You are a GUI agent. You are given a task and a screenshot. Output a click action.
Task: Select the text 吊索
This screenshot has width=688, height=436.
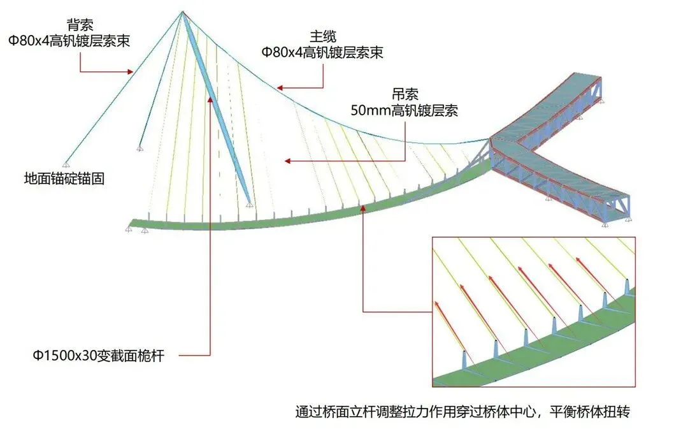(405, 95)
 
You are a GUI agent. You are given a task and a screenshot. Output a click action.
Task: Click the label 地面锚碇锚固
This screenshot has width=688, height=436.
(64, 179)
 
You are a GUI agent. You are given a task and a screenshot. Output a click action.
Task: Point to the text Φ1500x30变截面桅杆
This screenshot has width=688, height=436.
(99, 356)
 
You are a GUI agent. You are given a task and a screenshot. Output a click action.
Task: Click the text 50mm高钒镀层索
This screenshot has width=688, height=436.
(405, 110)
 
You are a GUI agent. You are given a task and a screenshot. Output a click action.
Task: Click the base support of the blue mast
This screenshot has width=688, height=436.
(250, 205)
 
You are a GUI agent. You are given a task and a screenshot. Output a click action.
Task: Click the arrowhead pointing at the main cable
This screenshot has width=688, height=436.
(279, 88)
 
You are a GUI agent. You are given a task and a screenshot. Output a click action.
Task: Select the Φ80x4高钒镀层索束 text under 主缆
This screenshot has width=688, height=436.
(322, 52)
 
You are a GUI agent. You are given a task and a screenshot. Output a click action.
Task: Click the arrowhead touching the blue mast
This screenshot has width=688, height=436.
(210, 98)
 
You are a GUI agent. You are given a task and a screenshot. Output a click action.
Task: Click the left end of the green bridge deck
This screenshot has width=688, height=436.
(133, 222)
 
